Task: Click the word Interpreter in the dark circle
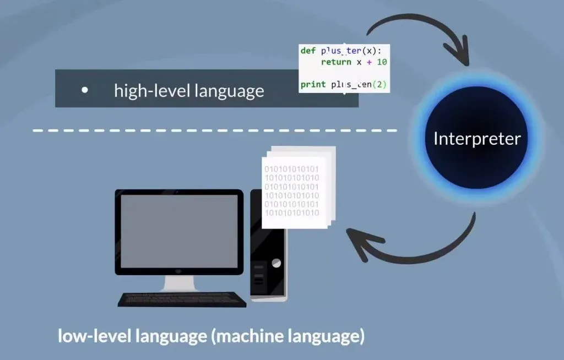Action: tap(476, 138)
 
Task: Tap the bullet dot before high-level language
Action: tap(84, 89)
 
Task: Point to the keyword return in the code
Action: tap(336, 62)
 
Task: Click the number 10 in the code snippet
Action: tap(382, 62)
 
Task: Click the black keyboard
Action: tap(182, 299)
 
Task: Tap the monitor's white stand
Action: tap(179, 283)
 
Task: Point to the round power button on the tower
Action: tap(276, 263)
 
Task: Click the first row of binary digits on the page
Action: tap(292, 168)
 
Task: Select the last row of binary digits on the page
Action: tap(292, 212)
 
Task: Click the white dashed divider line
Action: tap(215, 130)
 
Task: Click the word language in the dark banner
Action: tap(229, 90)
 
